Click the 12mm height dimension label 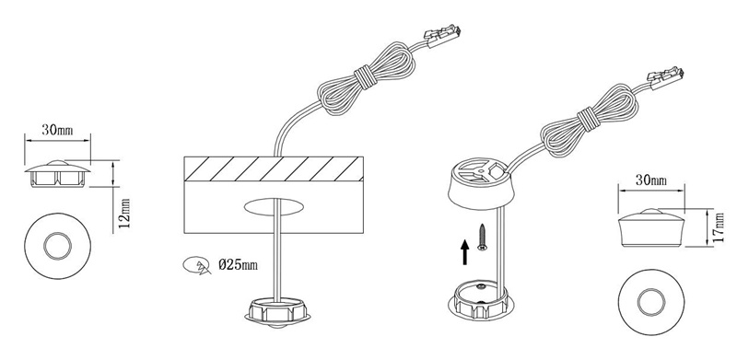coord(124,213)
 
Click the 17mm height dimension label coord(719,227)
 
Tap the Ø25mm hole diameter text coord(239,265)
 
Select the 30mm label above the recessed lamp coord(57,130)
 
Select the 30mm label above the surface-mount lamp coord(651,180)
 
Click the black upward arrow coord(465,252)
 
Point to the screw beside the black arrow coord(482,238)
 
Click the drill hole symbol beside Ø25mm coord(196,265)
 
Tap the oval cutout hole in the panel coord(273,207)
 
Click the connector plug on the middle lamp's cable coord(442,34)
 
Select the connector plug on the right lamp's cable coord(665,77)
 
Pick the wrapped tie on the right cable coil coord(587,119)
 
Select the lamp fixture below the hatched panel coord(277,311)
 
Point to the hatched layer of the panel coord(273,168)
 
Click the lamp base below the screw coord(480,300)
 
